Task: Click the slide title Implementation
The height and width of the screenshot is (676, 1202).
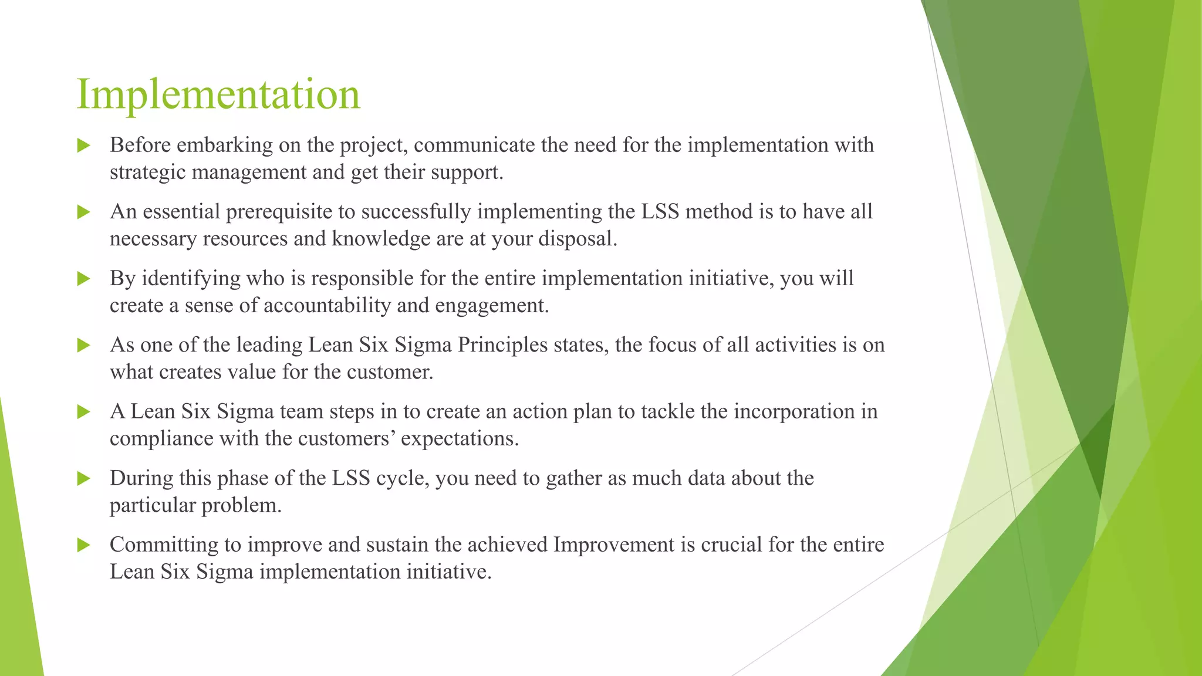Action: tap(218, 94)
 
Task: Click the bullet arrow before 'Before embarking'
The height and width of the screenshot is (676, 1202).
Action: tap(83, 146)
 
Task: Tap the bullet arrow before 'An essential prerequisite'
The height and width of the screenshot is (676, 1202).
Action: tap(83, 212)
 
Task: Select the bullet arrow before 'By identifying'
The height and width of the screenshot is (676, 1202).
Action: tap(83, 279)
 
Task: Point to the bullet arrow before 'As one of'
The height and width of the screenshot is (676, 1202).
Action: tap(83, 345)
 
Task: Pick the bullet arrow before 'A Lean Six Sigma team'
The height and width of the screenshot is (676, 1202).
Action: tap(83, 412)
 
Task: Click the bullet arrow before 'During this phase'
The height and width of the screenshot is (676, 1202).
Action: tap(83, 479)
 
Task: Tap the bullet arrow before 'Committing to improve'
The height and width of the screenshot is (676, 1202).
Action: tap(83, 545)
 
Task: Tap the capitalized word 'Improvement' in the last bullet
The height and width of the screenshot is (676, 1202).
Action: tap(614, 545)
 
